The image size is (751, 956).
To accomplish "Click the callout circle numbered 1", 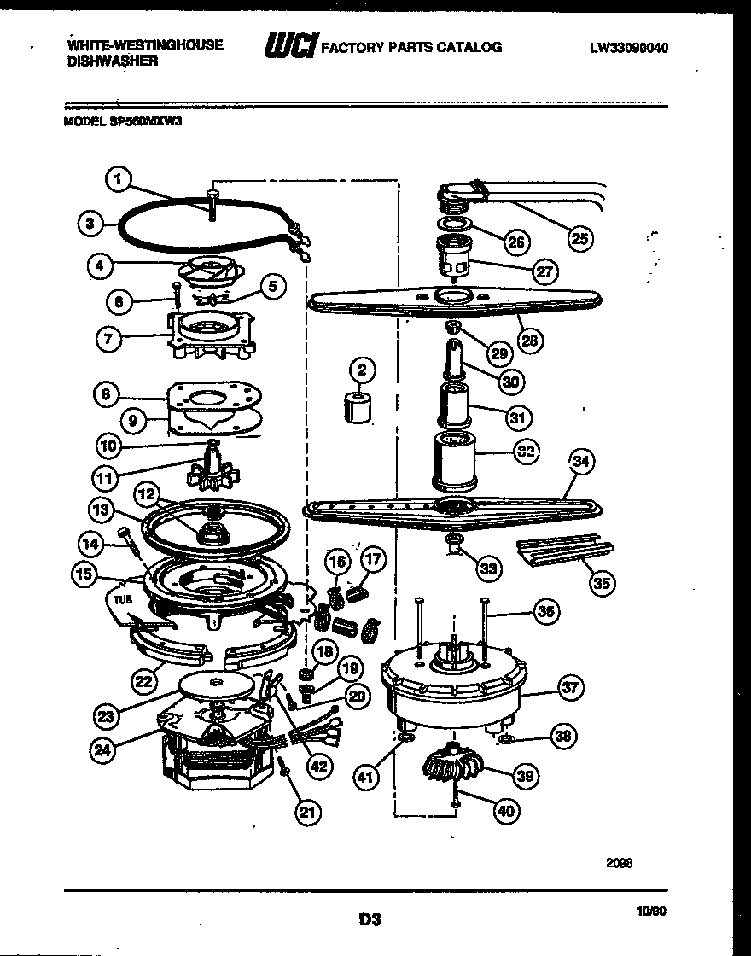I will pos(119,179).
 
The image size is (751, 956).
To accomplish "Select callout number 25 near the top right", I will pos(579,238).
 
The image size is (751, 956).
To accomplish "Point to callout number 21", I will pos(308,813).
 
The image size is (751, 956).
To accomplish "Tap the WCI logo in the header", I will pos(290,48).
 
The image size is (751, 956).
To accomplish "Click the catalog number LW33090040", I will pos(628,49).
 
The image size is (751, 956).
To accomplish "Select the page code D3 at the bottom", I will pos(369,920).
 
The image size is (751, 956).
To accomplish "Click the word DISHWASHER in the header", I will pos(112,62).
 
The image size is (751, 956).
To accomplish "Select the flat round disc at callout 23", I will pos(218,684).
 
